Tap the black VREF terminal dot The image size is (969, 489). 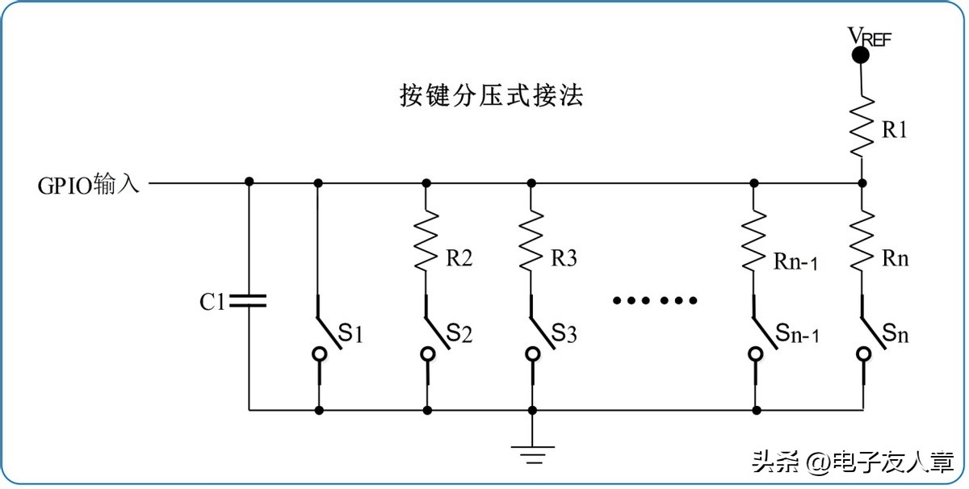tap(861, 55)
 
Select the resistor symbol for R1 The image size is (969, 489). tap(862, 125)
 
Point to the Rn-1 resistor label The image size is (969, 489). tap(795, 261)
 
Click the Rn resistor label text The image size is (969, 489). tap(895, 259)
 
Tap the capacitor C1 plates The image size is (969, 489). tap(248, 301)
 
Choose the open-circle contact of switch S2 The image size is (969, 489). tap(426, 353)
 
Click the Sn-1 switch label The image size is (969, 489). tap(797, 333)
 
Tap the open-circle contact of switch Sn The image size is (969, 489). tap(862, 353)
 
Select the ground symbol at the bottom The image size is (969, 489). tap(531, 454)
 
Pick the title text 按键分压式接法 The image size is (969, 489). tap(491, 96)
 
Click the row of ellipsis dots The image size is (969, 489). tap(654, 301)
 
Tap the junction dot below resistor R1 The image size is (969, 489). tap(862, 182)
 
